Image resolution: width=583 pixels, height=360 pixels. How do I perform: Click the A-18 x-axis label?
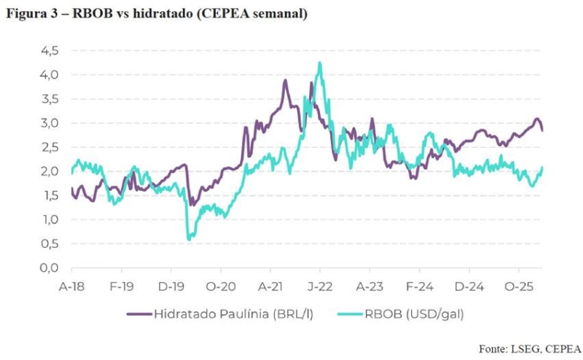point(71,286)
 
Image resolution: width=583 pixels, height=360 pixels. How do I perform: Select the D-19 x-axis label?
point(171,286)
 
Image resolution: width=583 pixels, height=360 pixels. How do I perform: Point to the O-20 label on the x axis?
point(220,286)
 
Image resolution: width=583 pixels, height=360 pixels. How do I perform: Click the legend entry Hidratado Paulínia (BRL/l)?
point(211,314)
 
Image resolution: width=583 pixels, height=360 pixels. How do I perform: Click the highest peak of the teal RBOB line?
point(319,63)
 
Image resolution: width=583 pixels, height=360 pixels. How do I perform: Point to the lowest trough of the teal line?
point(189,238)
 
